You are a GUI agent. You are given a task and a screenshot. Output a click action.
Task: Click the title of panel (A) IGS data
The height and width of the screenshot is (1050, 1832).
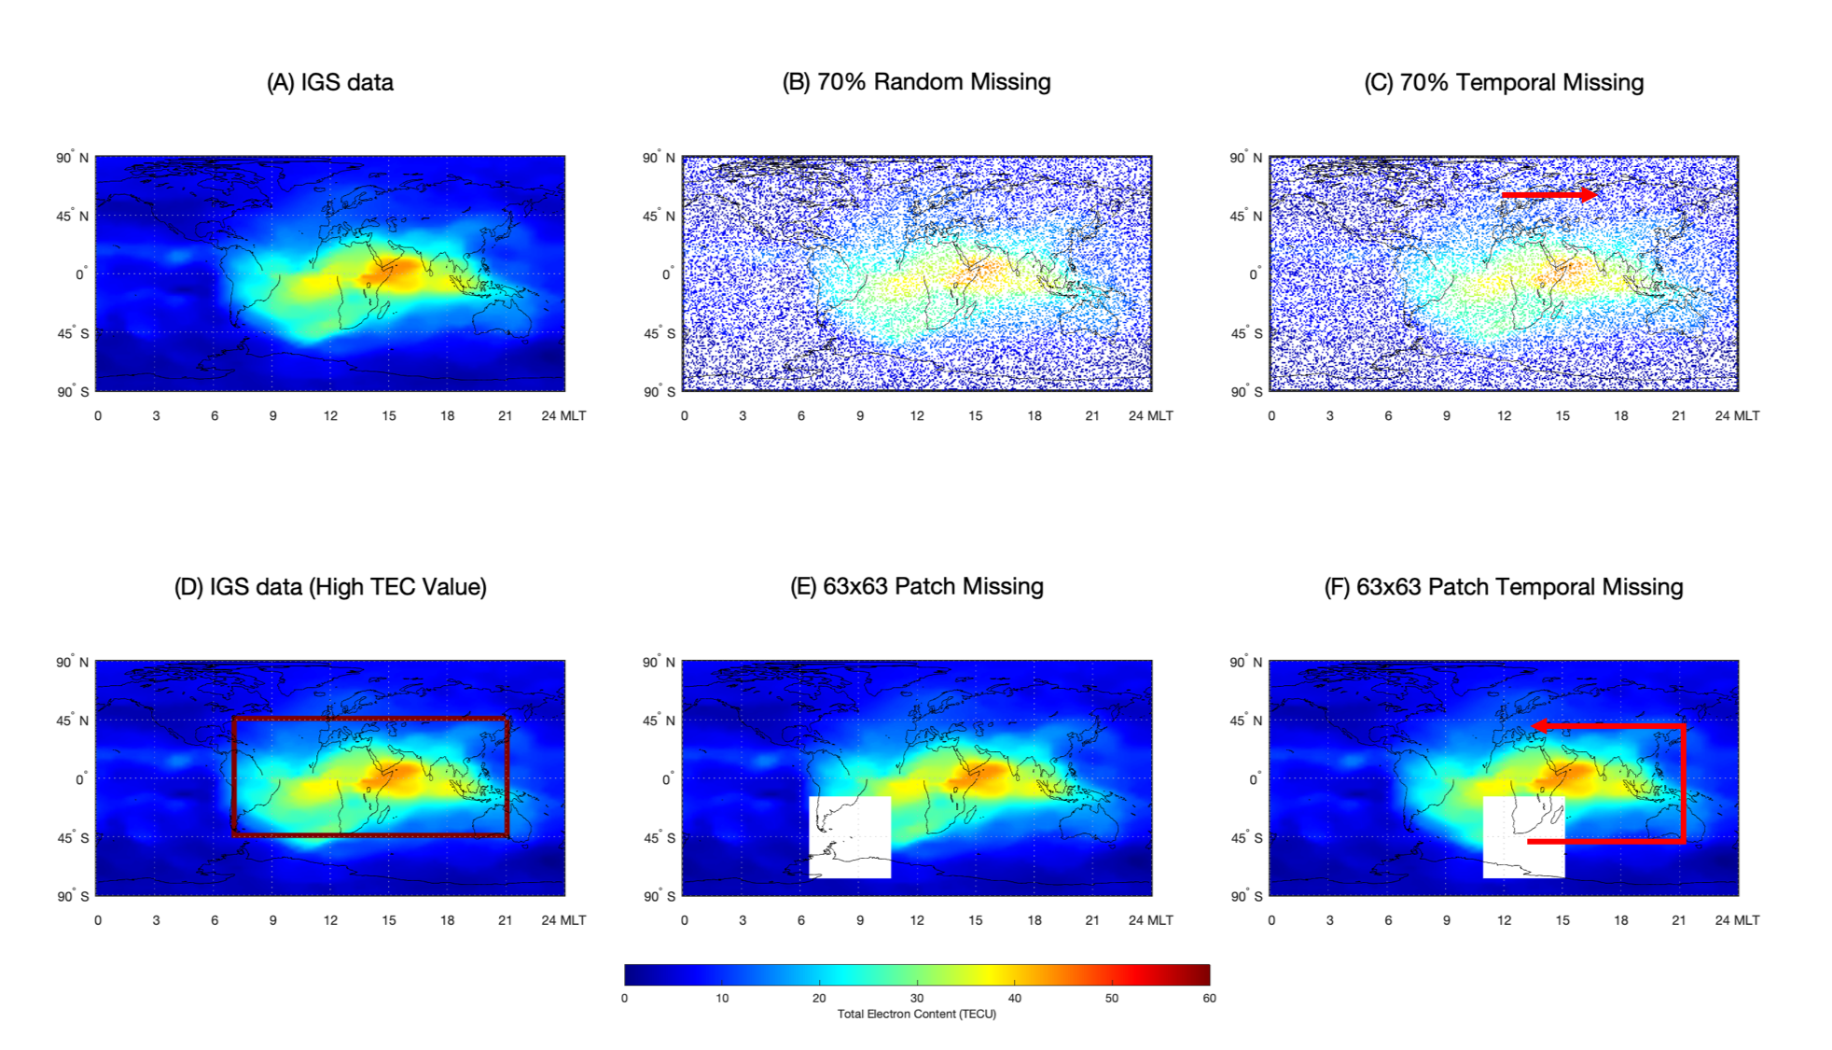click(330, 83)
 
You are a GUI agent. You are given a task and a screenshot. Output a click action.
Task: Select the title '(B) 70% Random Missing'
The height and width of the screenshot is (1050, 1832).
click(916, 82)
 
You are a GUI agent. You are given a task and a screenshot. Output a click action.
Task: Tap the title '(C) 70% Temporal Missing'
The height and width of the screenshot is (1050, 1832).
click(1504, 83)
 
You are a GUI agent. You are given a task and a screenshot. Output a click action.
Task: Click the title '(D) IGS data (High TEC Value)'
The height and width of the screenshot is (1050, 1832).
click(330, 587)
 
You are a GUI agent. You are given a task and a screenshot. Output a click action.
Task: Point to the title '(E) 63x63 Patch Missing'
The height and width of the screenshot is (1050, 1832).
click(916, 586)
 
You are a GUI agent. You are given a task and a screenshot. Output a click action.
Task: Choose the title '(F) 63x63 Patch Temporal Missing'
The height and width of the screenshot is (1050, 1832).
click(1504, 587)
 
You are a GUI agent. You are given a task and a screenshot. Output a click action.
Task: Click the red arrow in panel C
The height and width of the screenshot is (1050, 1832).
click(1549, 194)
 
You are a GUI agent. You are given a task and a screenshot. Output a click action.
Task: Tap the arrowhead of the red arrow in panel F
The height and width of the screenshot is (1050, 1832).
click(1539, 725)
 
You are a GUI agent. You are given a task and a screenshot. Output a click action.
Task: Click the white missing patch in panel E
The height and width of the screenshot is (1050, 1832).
click(850, 837)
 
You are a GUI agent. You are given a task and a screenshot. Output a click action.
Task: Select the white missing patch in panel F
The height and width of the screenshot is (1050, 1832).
click(1523, 837)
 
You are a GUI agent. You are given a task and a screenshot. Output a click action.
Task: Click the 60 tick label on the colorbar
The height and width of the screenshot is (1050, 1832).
click(1209, 998)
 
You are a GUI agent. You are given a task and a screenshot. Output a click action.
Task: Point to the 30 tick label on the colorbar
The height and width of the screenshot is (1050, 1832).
click(917, 998)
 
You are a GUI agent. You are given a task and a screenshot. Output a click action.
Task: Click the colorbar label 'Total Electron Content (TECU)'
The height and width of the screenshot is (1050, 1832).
click(917, 1014)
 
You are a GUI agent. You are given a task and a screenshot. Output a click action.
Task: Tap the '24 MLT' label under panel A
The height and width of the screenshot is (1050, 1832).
click(563, 415)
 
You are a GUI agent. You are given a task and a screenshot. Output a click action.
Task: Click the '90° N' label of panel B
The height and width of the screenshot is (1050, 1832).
click(659, 158)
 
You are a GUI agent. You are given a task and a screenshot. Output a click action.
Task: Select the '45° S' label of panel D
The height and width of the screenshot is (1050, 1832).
click(73, 837)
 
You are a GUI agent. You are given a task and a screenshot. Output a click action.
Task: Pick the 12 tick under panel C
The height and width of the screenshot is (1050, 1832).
click(1504, 415)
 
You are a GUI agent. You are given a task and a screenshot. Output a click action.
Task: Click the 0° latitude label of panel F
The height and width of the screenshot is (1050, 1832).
click(1256, 778)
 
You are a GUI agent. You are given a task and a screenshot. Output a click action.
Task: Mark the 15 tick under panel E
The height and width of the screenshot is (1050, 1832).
click(976, 919)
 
